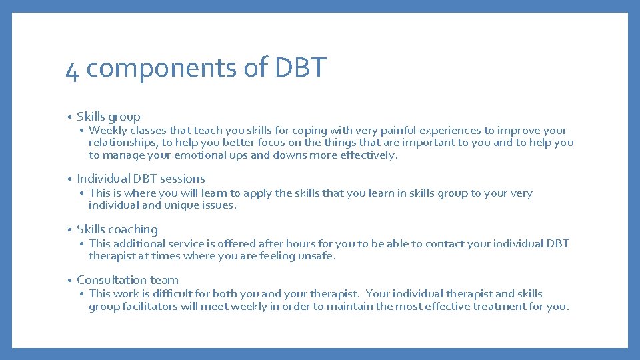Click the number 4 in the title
pyautogui.click(x=72, y=69)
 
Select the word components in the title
pyautogui.click(x=158, y=68)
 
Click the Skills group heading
pyautogui.click(x=109, y=117)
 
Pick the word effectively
pyautogui.click(x=369, y=155)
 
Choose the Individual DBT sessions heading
pyautogui.click(x=141, y=179)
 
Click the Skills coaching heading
pyautogui.click(x=117, y=229)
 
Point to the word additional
pyautogui.click(x=142, y=244)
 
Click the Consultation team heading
pyautogui.click(x=127, y=280)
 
